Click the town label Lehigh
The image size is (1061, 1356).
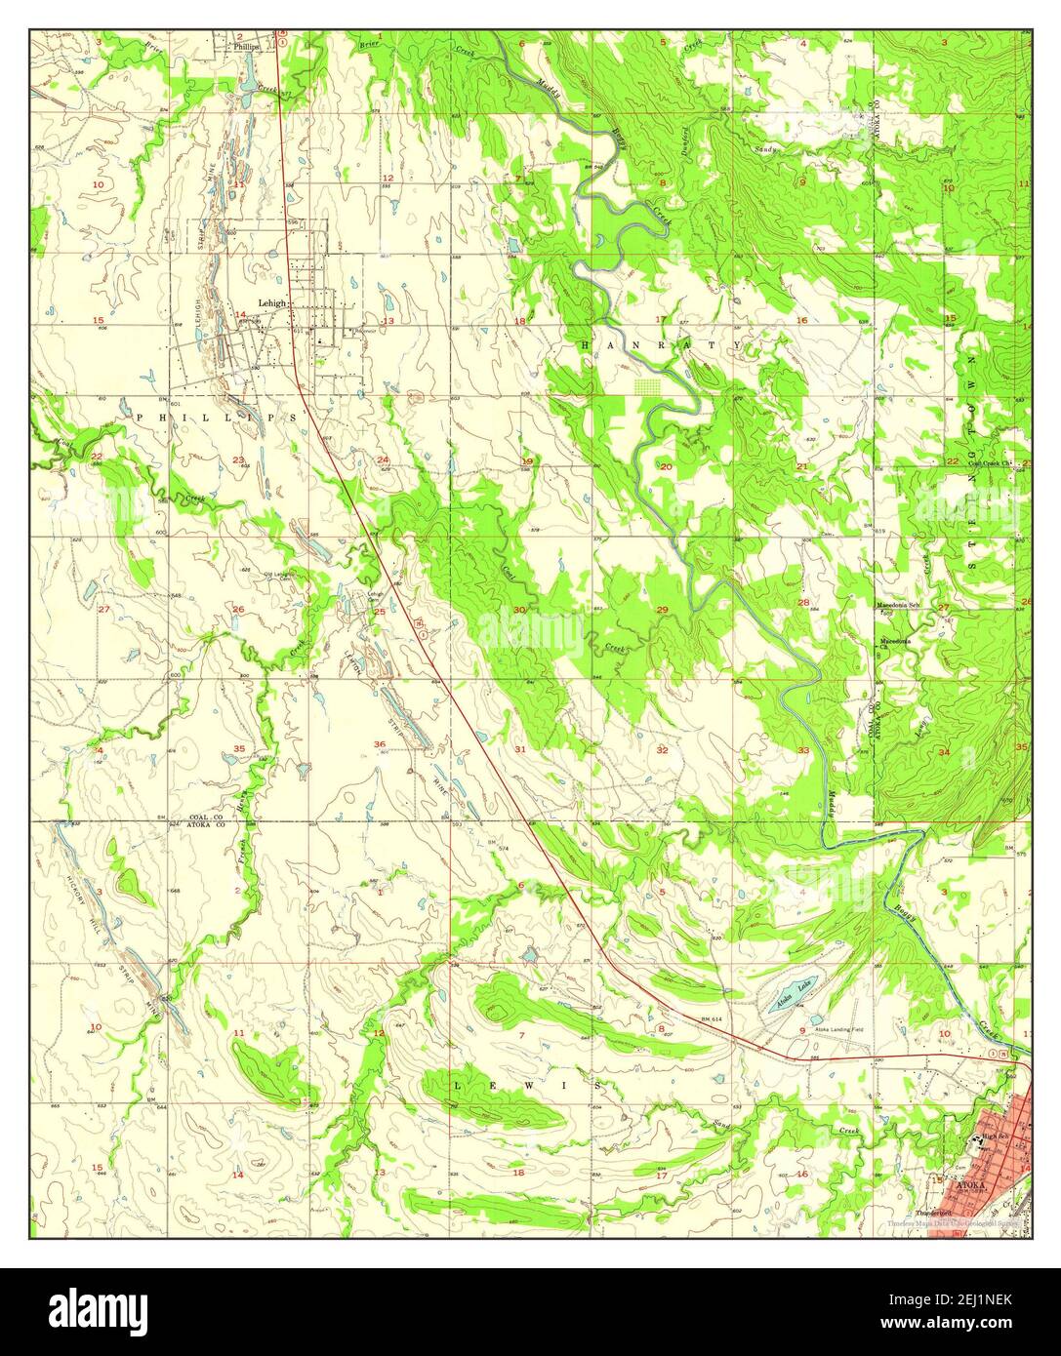272,303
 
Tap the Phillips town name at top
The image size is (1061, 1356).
246,46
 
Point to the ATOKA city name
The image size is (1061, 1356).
971,1185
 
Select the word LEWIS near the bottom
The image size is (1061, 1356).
527,1085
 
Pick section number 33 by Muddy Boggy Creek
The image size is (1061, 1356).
803,750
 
